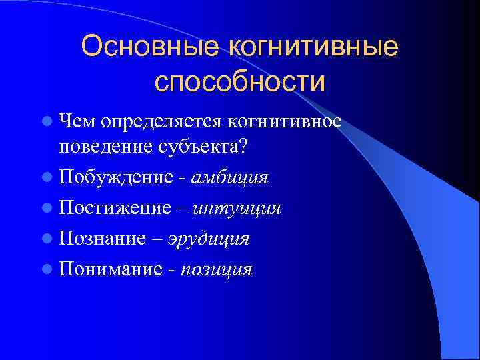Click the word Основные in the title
(151, 47)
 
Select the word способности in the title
(240, 82)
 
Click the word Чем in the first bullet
(77, 122)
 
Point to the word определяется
(160, 122)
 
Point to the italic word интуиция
(237, 208)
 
